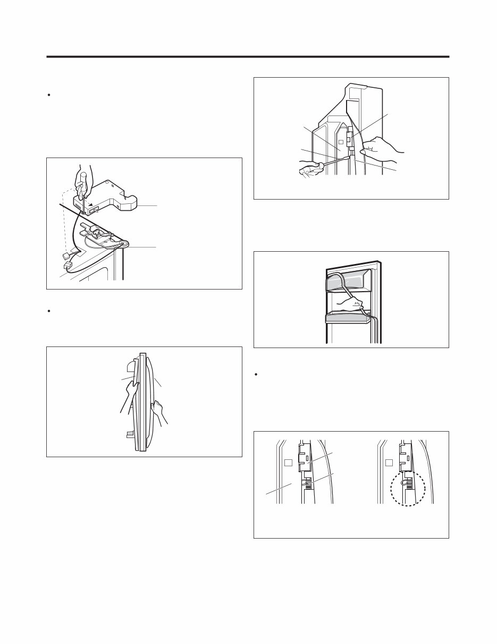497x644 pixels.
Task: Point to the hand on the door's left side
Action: pyautogui.click(x=129, y=393)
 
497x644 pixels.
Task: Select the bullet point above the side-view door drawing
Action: pyautogui.click(x=48, y=310)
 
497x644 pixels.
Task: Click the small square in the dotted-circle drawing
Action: pyautogui.click(x=390, y=461)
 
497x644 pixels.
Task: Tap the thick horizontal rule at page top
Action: pyautogui.click(x=248, y=56)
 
